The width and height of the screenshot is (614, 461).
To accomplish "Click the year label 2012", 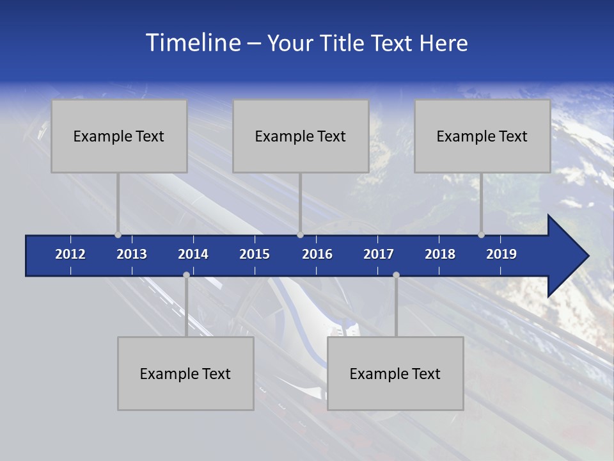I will point(70,254).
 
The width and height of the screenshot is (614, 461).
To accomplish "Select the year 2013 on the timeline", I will point(132,254).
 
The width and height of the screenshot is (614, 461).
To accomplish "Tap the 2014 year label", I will point(193,254).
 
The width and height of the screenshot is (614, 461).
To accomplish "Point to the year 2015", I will point(255,254).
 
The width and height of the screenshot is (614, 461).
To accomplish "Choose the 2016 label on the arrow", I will point(317,254).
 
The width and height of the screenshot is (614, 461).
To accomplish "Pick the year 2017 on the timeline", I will point(379,254).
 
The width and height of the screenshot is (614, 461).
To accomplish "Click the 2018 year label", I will point(440,254).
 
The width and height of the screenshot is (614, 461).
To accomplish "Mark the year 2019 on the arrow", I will point(501,254).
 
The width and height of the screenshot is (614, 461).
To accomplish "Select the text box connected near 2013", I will point(119,136).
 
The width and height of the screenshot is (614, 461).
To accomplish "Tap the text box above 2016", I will point(301,136).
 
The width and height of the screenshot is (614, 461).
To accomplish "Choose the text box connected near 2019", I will point(482,136).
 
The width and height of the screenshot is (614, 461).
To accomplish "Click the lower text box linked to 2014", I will point(185,373).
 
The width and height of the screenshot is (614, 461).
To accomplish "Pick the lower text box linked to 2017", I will point(395,373).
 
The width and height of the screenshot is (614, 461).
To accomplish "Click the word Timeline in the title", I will point(192,43).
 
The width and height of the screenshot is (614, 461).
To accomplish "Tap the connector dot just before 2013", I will point(118,235).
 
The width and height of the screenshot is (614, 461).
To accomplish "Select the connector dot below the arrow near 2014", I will point(186,275).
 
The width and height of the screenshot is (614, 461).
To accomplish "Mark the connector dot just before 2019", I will point(481,235).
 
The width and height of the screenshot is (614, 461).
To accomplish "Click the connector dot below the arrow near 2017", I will point(396,275).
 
